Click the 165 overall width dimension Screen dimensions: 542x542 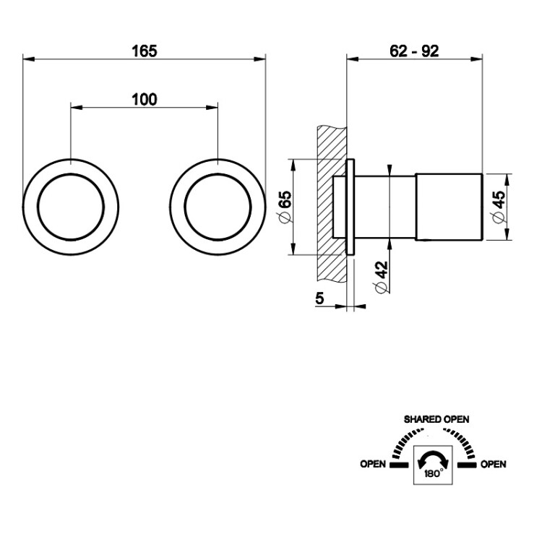point(145,51)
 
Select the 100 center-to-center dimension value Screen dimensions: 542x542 point(145,100)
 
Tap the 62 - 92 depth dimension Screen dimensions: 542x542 point(414,51)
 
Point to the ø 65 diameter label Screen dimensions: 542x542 point(285,207)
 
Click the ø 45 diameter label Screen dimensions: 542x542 point(498,207)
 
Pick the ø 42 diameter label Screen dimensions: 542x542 point(382,278)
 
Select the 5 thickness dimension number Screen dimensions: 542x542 point(319,298)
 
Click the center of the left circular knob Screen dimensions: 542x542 point(71,207)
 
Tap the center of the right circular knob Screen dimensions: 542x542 point(218,207)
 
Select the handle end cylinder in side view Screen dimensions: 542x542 point(449,207)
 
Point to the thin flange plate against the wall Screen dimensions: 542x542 point(350,207)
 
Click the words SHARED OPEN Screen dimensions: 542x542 point(436,419)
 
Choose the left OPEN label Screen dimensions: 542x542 point(373,464)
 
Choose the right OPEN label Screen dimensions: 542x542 point(494,464)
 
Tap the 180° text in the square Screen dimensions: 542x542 point(434,473)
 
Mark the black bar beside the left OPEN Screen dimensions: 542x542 point(399,465)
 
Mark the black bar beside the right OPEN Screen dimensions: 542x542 point(467,465)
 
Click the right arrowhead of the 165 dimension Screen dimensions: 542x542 point(260,59)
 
